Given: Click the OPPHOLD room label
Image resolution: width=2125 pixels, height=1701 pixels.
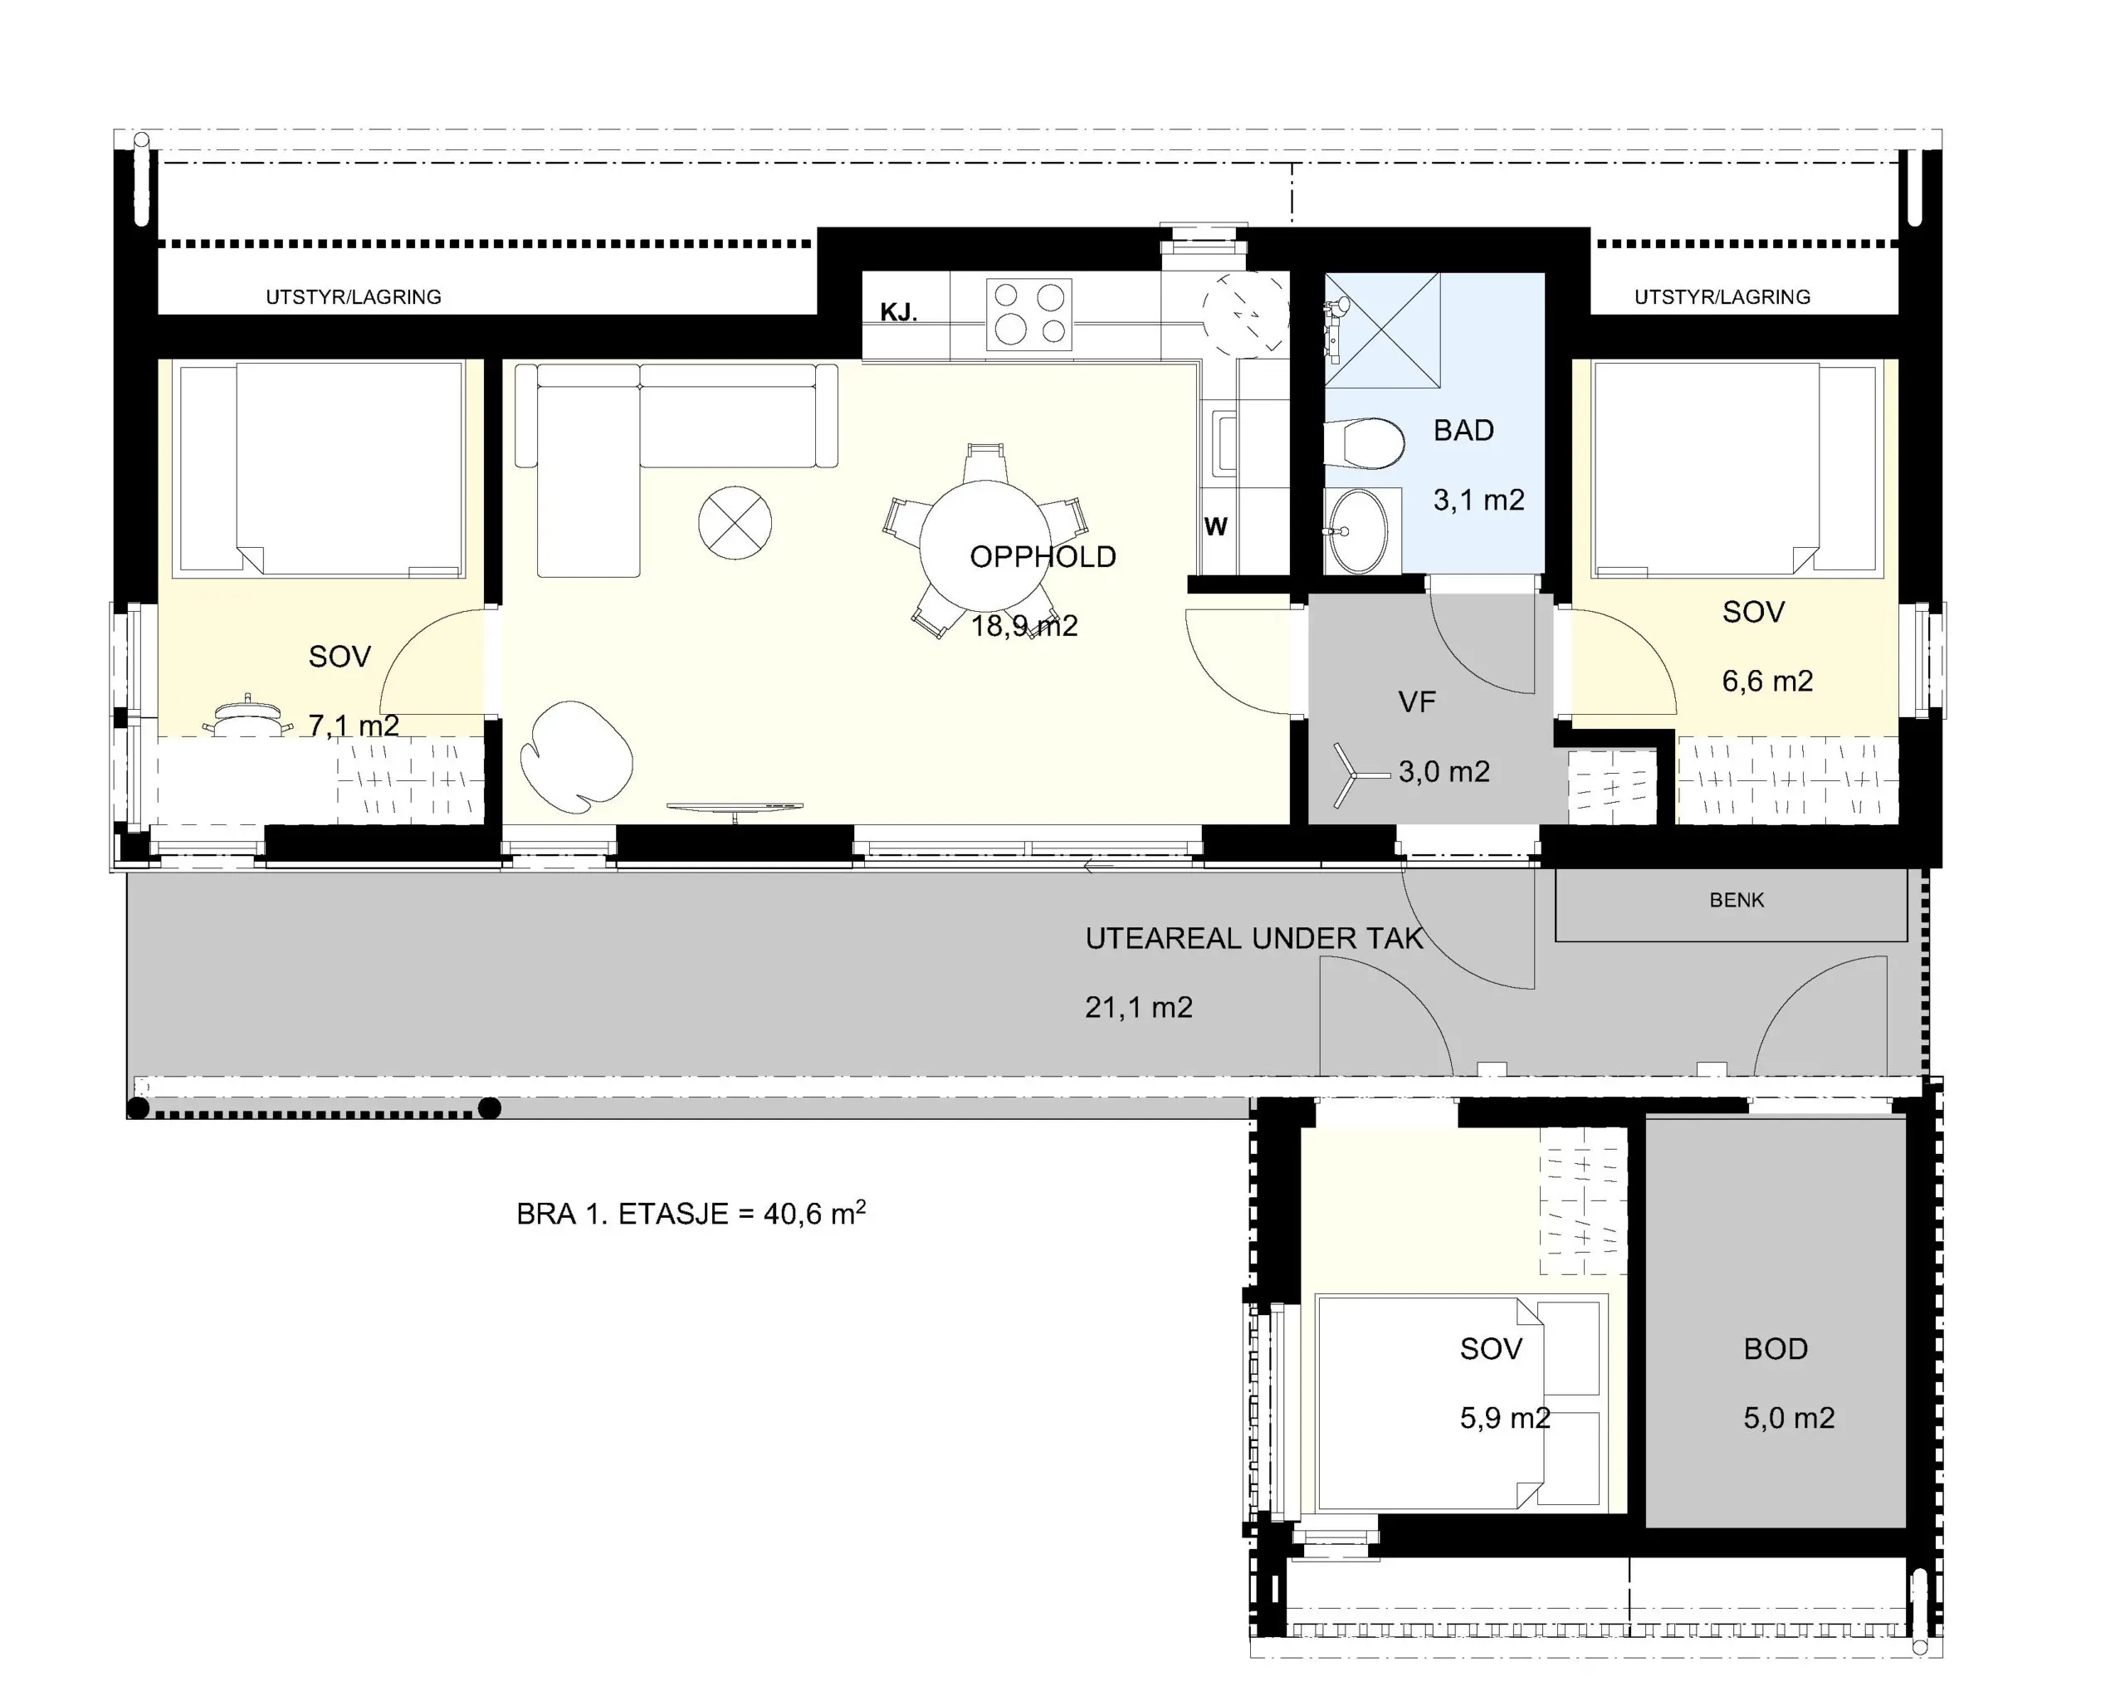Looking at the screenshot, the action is point(1043,557).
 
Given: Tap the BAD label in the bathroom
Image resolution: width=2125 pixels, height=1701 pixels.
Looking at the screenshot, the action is point(1463,431).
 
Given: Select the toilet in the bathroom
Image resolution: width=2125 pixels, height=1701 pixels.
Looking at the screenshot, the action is point(1364,444).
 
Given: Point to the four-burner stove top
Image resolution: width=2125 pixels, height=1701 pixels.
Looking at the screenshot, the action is point(1029,315).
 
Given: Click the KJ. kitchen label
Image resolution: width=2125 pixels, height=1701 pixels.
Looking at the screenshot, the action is point(899,314).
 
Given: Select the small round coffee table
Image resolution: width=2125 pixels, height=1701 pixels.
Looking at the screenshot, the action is point(735,523).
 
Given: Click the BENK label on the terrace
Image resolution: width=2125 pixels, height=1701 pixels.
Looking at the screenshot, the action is point(1737,900).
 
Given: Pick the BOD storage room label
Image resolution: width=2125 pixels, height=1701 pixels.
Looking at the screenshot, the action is point(1776,1349).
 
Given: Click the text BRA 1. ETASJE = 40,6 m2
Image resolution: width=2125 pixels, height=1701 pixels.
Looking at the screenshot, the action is point(691,1212).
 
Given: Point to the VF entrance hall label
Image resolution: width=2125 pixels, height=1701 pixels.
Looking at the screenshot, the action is point(1416,702).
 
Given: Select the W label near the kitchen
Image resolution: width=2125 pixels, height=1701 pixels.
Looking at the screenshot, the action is point(1215,527).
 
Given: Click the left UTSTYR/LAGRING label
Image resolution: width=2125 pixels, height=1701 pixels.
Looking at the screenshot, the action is point(353,296).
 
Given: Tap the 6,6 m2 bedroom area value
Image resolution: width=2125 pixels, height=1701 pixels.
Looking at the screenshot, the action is point(1767,681).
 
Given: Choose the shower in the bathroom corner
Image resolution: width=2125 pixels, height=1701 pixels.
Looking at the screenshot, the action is point(1382,330).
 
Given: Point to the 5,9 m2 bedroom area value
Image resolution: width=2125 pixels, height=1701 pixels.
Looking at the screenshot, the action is point(1505,1418).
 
